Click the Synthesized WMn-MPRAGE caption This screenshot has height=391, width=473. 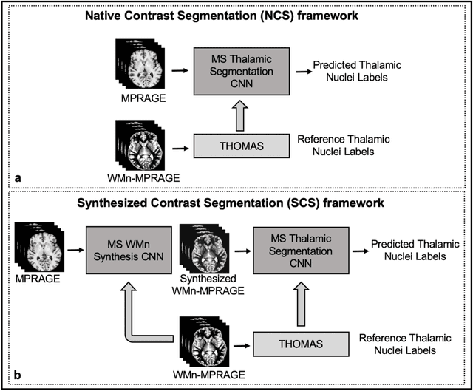click(208, 284)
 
